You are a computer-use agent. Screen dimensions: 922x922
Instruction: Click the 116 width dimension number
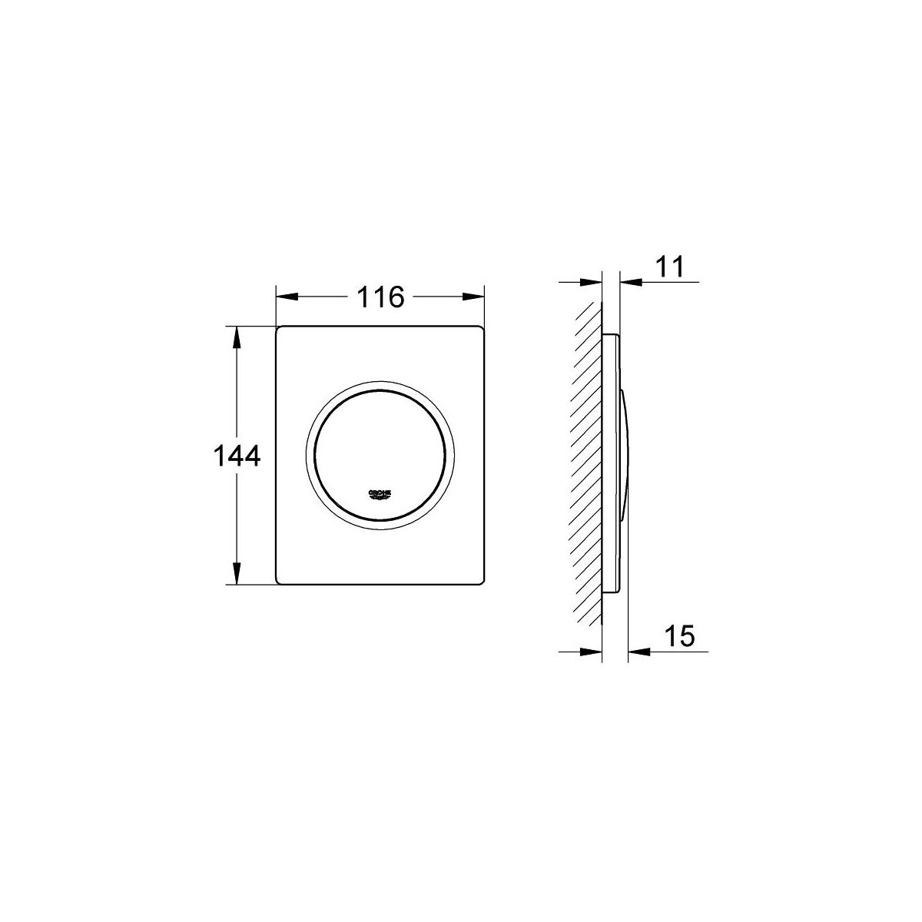coord(381,297)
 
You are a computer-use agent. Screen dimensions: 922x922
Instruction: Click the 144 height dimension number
coord(237,456)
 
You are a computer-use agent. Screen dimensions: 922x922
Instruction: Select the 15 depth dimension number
coord(679,636)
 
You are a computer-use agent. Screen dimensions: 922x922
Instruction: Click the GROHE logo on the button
coord(380,495)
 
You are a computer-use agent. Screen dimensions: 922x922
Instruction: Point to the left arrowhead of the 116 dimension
coord(287,297)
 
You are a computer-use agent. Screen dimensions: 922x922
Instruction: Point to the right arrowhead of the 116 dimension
coord(473,297)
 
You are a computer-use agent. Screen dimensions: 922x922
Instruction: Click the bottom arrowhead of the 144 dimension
coord(236,573)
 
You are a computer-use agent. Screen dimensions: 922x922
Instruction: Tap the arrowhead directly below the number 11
coord(631,282)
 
